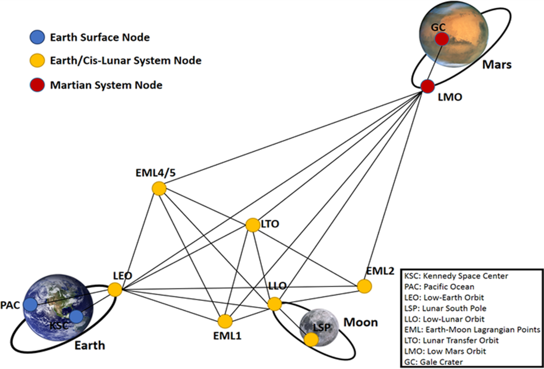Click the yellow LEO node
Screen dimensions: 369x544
coord(115,290)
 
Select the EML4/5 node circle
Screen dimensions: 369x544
coord(159,189)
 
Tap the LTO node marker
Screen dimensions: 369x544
coord(252,225)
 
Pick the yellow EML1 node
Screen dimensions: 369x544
coord(225,321)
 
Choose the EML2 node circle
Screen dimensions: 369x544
coord(364,286)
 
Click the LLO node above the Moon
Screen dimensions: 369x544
coord(274,304)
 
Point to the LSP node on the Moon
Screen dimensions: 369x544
coord(311,339)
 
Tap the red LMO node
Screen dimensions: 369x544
coord(427,87)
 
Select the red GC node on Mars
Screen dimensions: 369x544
coord(442,39)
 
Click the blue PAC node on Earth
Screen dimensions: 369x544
coord(30,305)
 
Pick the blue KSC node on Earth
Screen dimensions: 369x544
coord(76,317)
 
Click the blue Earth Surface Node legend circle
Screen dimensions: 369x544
coord(37,37)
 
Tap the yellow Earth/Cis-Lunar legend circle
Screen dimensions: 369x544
coord(37,60)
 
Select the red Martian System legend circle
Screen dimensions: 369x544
coord(37,85)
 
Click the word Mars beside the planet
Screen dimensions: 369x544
coord(497,65)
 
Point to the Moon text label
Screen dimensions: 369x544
coord(360,322)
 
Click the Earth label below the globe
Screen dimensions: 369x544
coord(90,345)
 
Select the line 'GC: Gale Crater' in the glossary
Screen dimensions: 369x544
coord(434,362)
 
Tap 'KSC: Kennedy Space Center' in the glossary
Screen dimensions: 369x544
coord(456,276)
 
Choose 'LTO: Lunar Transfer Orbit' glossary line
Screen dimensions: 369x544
coord(451,340)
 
